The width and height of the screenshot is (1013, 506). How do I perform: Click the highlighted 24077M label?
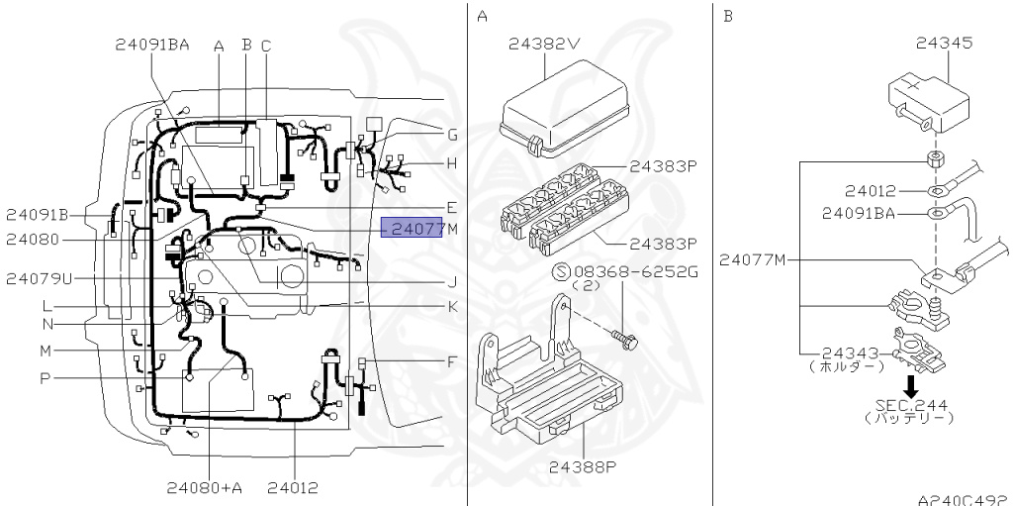coord(414,229)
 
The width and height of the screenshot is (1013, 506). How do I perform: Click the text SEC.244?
coord(909,404)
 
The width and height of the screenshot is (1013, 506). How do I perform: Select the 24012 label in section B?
coord(871,190)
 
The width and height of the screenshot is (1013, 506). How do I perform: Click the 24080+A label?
coord(211,486)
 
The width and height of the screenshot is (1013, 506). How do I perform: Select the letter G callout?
coord(451,135)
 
